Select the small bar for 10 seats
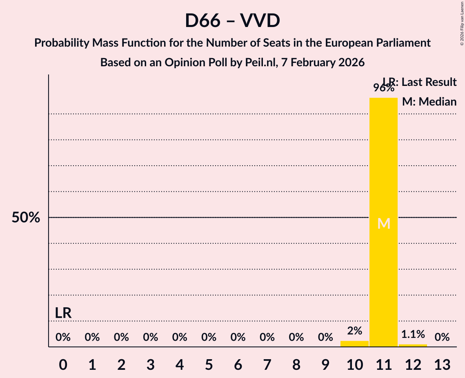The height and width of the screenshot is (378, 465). coord(354,344)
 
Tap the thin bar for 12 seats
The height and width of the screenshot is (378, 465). coord(413,345)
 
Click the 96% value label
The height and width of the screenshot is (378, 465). coord(383,88)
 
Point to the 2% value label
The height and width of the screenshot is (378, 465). coord(354,331)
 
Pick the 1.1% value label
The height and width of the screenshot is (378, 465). coord(413,334)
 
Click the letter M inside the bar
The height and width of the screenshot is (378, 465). coord(384,223)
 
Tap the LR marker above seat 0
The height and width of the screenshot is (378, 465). coord(63,313)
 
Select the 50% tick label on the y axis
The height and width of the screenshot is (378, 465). coord(26,218)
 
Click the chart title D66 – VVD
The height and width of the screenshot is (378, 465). coord(232,21)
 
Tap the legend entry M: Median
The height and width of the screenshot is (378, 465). coord(429,101)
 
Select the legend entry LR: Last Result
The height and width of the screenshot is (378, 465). coord(420,82)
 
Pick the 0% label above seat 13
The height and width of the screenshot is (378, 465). coord(442,337)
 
